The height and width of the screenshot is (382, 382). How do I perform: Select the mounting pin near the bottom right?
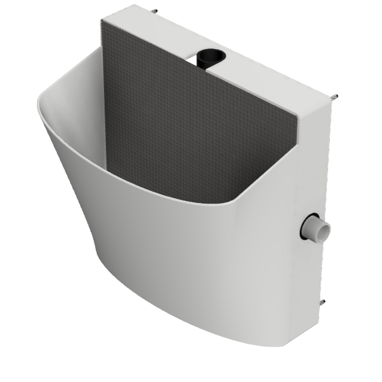click(324, 302)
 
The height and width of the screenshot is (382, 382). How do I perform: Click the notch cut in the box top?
click(204, 64)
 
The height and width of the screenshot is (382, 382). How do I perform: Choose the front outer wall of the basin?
click(180, 269)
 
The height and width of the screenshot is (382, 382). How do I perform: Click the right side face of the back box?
click(311, 180)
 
